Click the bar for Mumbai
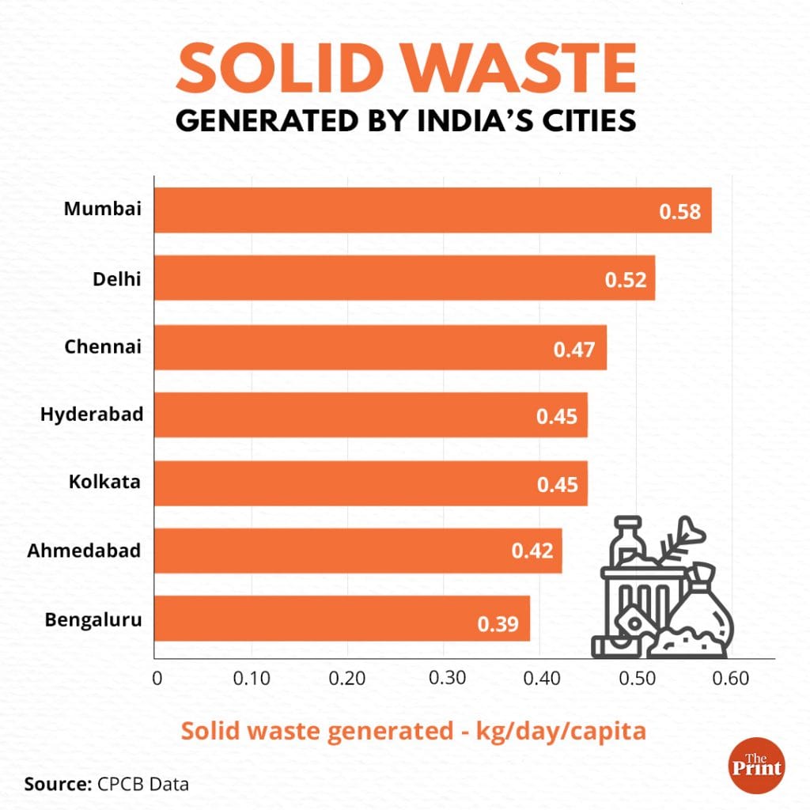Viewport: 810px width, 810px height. [432, 210]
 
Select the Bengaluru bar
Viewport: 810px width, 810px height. [341, 619]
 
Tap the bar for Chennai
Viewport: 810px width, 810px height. [380, 346]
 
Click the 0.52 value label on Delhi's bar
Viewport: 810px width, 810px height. [626, 280]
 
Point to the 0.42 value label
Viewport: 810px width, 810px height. [532, 552]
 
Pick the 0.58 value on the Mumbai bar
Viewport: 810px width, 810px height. [681, 212]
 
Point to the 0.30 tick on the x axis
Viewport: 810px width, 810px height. [444, 678]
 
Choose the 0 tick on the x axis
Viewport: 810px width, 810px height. [157, 678]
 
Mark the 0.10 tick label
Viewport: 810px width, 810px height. [251, 678]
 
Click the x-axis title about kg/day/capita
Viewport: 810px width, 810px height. [414, 730]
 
